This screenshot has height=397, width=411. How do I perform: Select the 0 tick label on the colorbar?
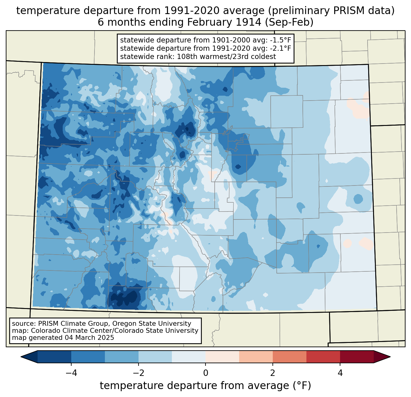coord(206,373)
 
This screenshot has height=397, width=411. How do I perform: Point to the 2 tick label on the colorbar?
coord(273,373)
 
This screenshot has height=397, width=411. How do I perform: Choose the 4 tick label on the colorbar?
coord(340,373)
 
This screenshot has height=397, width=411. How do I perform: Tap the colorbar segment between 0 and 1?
coord(222,357)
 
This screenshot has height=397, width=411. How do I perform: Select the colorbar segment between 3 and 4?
coord(323,357)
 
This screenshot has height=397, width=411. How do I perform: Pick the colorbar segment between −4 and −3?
coord(88,357)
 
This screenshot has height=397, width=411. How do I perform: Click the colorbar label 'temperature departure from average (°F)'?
coord(206,386)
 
